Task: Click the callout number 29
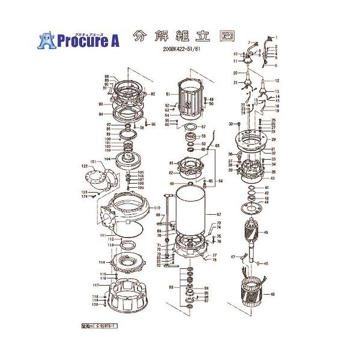(273, 139)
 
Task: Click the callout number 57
(203, 127)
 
